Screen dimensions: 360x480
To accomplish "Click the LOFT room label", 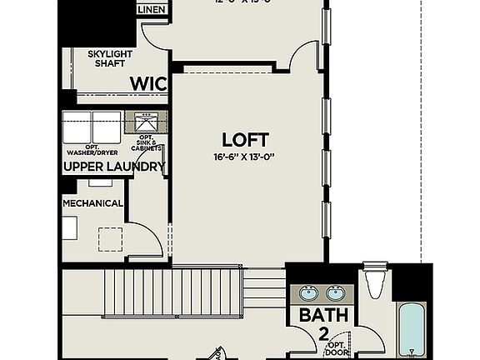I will pyautogui.click(x=245, y=138).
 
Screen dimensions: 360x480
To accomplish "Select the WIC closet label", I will pyautogui.click(x=147, y=83).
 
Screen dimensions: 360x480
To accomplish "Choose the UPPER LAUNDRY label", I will pyautogui.click(x=114, y=167).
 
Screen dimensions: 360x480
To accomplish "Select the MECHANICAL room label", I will pyautogui.click(x=92, y=203).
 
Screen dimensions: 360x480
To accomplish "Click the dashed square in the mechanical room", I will pyautogui.click(x=110, y=240).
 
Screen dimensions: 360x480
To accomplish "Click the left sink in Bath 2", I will pyautogui.click(x=307, y=292).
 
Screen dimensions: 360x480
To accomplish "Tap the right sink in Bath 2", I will pyautogui.click(x=336, y=292).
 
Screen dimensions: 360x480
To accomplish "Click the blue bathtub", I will pyautogui.click(x=412, y=330).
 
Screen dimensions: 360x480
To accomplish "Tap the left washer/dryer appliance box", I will pyautogui.click(x=77, y=129).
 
